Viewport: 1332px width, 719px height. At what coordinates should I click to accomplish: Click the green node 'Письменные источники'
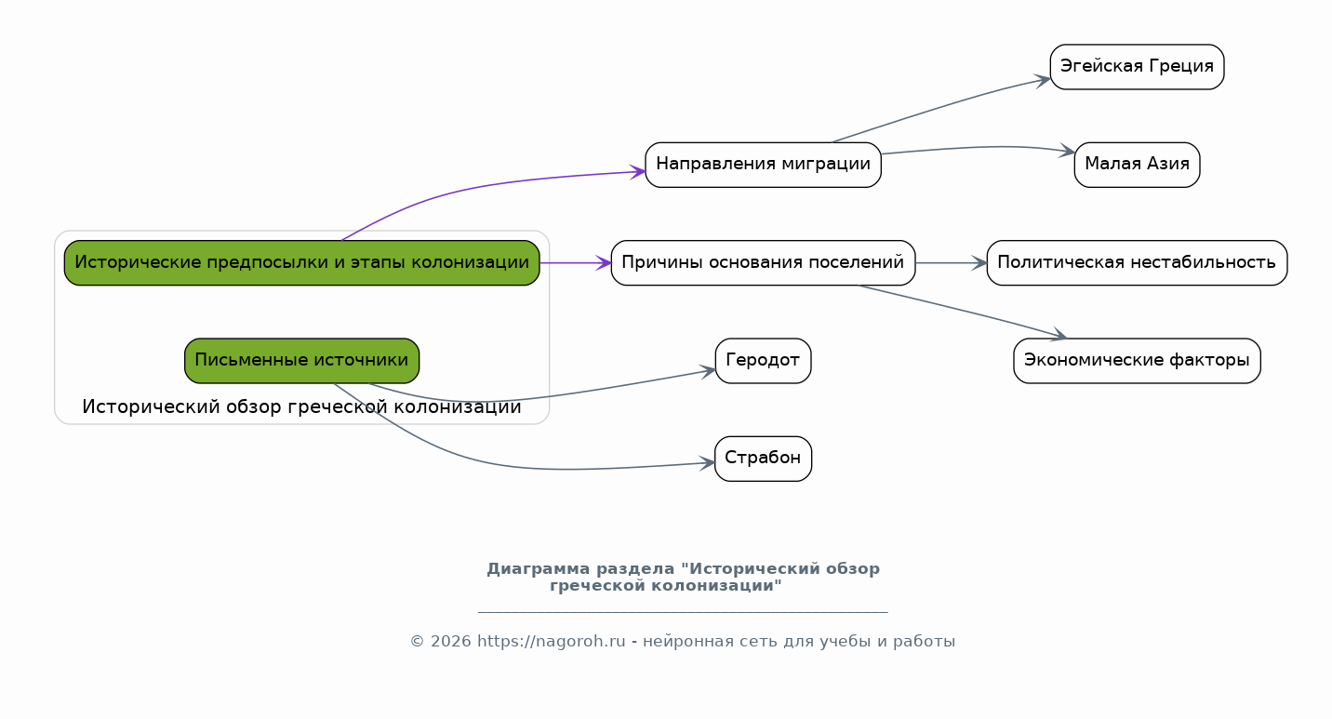[301, 360]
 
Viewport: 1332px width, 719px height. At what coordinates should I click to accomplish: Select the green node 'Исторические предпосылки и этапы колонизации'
[301, 263]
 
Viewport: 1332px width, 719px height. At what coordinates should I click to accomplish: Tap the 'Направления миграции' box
[763, 165]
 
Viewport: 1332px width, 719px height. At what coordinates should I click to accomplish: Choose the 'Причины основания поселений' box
[763, 263]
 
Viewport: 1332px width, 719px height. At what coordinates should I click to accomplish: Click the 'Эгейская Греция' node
[1137, 67]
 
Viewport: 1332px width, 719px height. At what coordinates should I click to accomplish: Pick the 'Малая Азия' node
[1137, 165]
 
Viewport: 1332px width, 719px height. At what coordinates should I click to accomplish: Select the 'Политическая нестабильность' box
[1137, 263]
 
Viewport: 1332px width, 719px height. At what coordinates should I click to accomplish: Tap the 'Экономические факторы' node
[1137, 360]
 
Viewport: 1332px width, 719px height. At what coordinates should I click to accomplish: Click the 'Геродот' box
[763, 360]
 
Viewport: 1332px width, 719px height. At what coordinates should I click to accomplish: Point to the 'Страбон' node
[763, 459]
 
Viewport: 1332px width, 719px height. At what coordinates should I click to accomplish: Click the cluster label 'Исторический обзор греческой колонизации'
[301, 406]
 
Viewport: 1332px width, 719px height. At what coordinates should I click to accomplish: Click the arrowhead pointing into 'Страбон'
[707, 463]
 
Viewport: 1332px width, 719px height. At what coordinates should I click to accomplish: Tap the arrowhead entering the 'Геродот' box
[708, 372]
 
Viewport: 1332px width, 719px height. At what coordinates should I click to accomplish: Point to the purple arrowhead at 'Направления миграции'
[637, 172]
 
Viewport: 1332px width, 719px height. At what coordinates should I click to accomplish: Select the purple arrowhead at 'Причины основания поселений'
[604, 263]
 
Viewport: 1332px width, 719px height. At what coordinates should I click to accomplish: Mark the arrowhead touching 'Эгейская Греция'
[1043, 80]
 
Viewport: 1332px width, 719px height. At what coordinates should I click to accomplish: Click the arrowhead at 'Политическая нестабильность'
[979, 263]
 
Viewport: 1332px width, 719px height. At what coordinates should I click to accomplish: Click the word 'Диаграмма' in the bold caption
[539, 569]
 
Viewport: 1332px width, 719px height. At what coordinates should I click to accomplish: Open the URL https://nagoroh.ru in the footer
[552, 642]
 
